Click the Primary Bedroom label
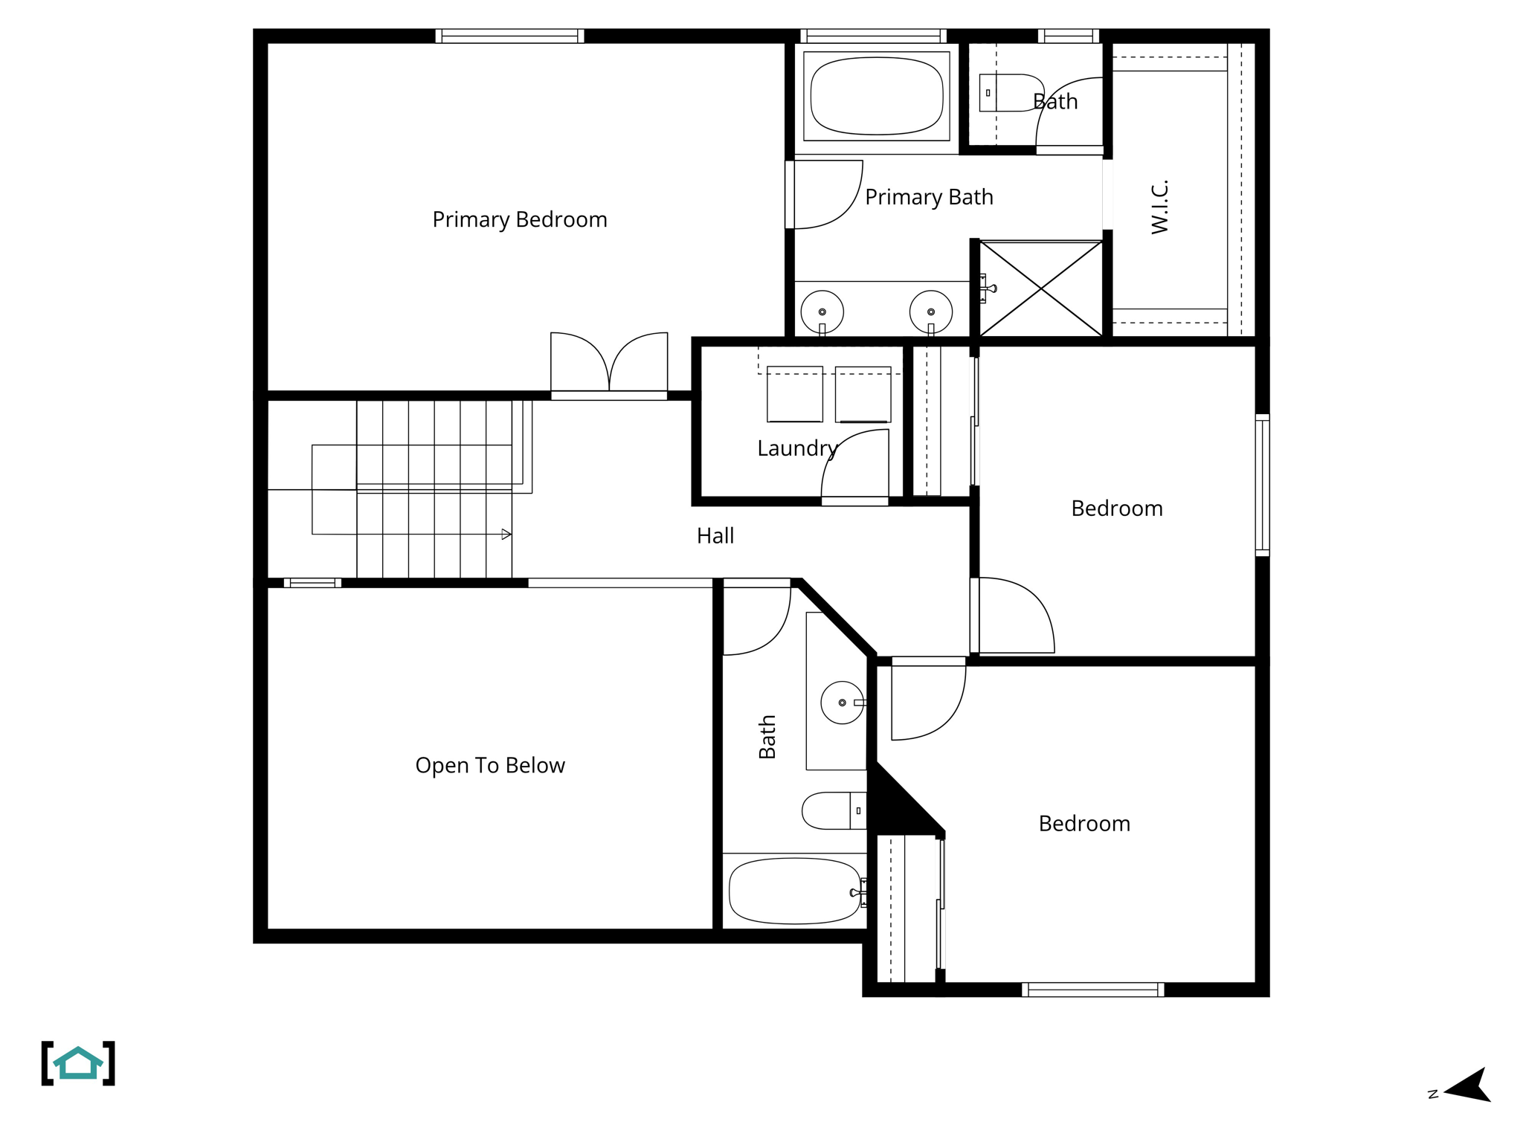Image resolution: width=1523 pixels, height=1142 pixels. [x=519, y=219]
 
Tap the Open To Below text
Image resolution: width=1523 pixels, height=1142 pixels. [x=489, y=765]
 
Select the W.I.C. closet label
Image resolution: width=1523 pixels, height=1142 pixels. [x=1160, y=207]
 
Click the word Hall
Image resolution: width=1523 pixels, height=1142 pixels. [x=715, y=535]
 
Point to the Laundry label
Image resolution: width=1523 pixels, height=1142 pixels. [x=796, y=448]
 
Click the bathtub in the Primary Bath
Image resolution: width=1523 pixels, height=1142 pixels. [x=876, y=96]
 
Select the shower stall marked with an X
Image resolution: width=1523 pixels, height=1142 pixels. [x=1040, y=288]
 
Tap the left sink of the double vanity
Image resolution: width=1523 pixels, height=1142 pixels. [x=822, y=312]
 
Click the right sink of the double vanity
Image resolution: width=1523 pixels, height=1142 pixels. [x=930, y=312]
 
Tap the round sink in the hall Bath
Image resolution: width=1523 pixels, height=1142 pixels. [x=841, y=703]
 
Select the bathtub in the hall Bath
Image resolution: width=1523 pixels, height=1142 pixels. [x=794, y=891]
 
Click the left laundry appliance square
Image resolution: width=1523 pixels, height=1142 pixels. [x=794, y=394]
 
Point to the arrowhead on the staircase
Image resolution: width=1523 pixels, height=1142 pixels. [x=506, y=534]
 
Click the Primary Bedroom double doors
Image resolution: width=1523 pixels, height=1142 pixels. [x=608, y=364]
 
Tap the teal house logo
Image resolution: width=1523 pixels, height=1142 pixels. [x=78, y=1063]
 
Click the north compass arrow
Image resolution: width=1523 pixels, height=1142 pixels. [x=1469, y=1087]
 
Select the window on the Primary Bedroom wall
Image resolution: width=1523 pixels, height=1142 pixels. [x=509, y=36]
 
